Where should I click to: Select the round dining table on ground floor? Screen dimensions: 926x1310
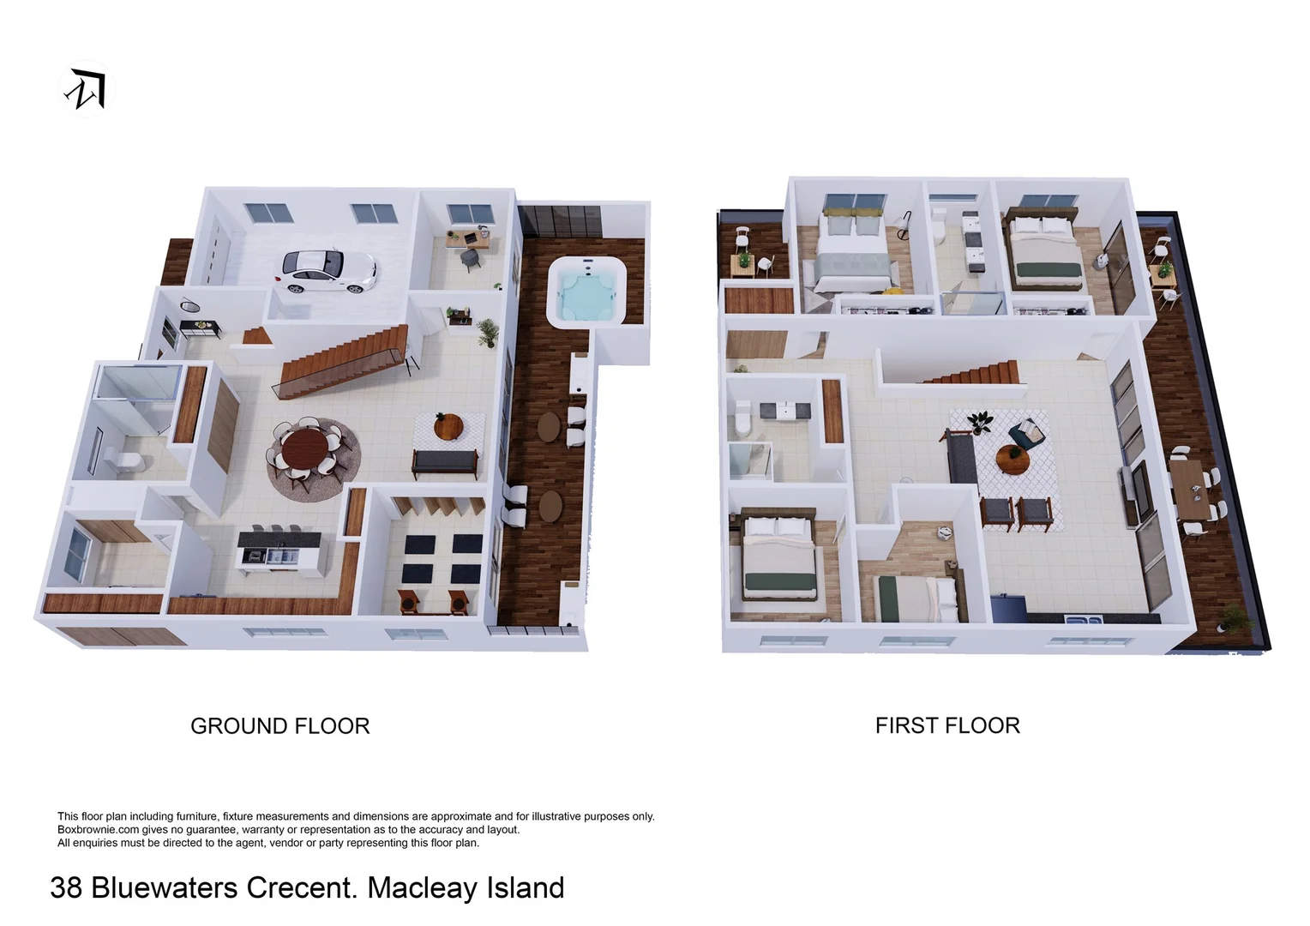[x=306, y=448]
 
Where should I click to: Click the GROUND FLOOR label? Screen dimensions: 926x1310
[x=279, y=726]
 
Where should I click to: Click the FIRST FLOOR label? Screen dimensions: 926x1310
[x=946, y=725]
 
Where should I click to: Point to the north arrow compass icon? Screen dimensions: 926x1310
[x=87, y=89]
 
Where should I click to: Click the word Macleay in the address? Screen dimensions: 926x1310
[x=413, y=887]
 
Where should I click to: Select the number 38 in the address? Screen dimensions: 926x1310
[x=66, y=887]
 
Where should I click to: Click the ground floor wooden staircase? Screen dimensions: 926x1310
[x=343, y=360]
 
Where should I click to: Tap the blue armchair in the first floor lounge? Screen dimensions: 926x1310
[x=1025, y=433]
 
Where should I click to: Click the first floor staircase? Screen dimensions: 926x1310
[x=973, y=374]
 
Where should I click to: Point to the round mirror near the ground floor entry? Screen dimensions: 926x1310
[x=189, y=304]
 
